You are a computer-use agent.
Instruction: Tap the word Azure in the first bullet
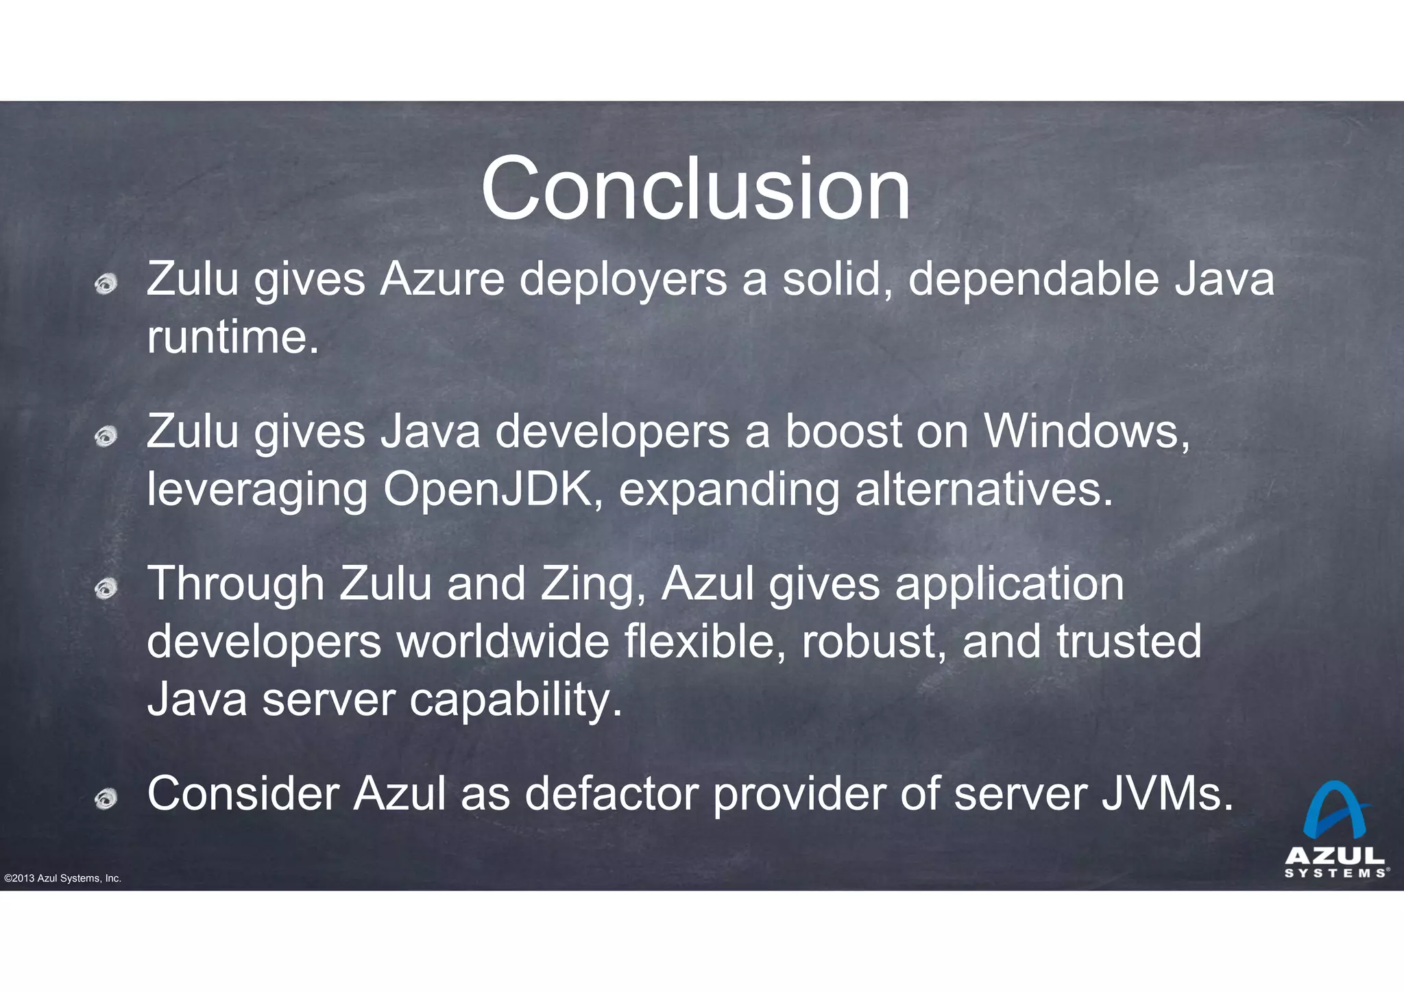pyautogui.click(x=442, y=280)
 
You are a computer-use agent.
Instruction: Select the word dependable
pyautogui.click(x=1033, y=280)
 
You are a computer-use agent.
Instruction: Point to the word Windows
pyautogui.click(x=1087, y=432)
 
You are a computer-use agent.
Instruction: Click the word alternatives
pyautogui.click(x=984, y=489)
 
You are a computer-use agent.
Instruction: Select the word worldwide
pyautogui.click(x=503, y=642)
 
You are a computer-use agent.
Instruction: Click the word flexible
pyautogui.click(x=705, y=642)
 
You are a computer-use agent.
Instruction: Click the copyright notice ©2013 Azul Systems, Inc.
pyautogui.click(x=62, y=878)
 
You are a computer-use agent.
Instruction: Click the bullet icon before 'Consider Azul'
pyautogui.click(x=106, y=797)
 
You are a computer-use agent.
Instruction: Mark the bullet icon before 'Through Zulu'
pyautogui.click(x=106, y=588)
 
